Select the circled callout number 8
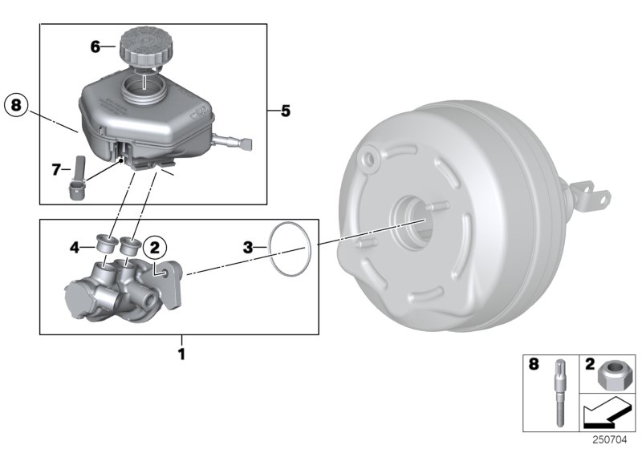click(18, 104)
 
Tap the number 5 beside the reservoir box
click(285, 111)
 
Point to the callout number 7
click(56, 169)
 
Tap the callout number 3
click(249, 248)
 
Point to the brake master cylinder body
click(120, 293)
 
